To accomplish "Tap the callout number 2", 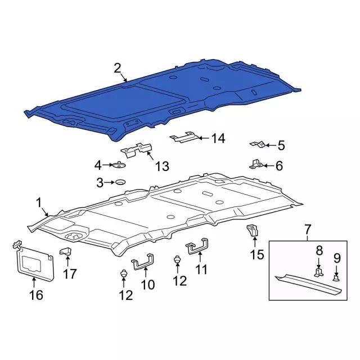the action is (118, 69).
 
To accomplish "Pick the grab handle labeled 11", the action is (197, 249).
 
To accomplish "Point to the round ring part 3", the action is (120, 182).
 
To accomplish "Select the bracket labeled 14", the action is (184, 137).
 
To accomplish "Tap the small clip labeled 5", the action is (258, 145).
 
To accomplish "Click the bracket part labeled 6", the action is (255, 164).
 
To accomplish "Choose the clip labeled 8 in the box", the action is (319, 272).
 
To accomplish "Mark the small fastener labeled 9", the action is (336, 278).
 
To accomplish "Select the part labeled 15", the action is (253, 231).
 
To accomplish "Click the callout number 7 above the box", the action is (308, 230).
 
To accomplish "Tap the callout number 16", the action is (36, 295).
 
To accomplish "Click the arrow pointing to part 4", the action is (107, 165).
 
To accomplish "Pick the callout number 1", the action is (39, 203).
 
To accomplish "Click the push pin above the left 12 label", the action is (124, 273).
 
